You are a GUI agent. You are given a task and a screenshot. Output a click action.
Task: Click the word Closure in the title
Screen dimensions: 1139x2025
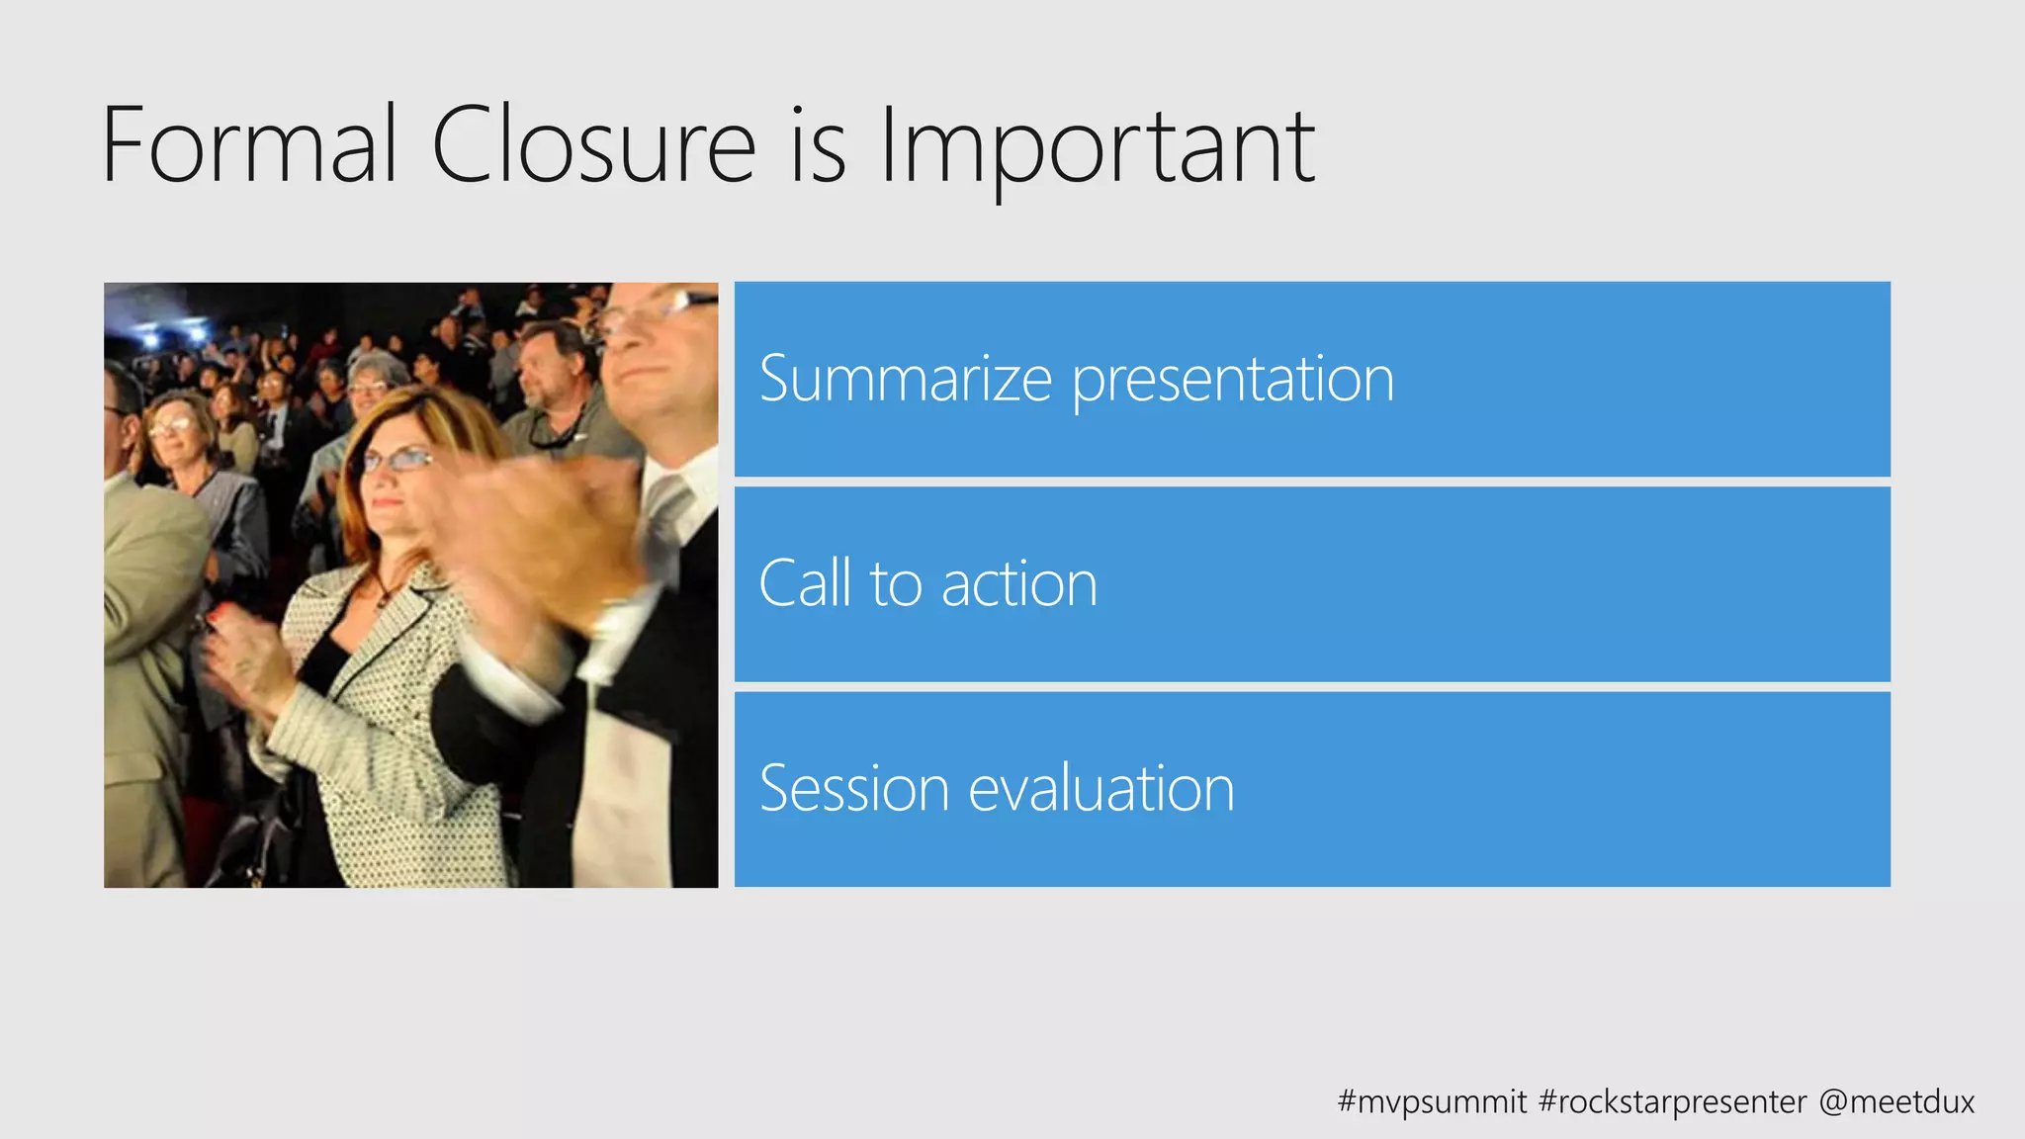pos(593,146)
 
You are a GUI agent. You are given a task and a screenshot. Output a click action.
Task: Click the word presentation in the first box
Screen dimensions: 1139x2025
pos(1233,381)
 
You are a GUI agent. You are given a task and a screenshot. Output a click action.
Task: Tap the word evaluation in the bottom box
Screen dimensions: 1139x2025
pos(1101,788)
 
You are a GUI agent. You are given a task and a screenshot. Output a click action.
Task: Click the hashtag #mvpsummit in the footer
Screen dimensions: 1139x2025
pos(1432,1101)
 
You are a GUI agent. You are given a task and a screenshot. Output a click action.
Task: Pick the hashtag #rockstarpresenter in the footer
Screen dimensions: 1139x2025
pos(1673,1101)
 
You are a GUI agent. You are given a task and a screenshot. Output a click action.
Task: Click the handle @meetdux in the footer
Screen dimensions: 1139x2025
pos(1896,1101)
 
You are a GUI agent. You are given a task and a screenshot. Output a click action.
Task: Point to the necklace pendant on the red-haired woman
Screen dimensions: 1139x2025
pos(382,598)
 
